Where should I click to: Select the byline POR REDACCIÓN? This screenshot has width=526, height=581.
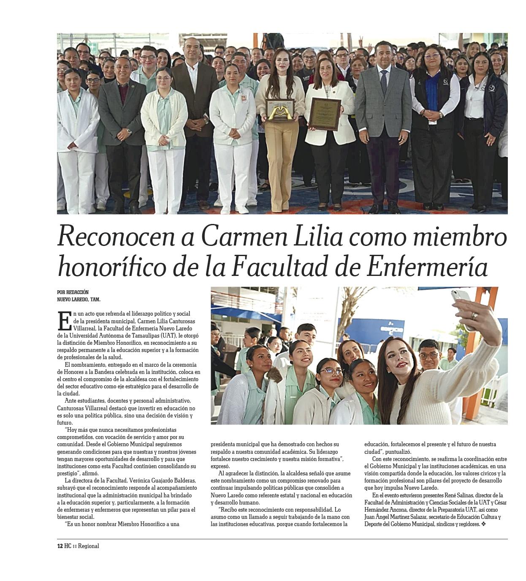pyautogui.click(x=73, y=292)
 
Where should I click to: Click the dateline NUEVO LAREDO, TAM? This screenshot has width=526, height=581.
pyautogui.click(x=79, y=300)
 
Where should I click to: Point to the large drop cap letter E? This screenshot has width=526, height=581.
pyautogui.click(x=64, y=321)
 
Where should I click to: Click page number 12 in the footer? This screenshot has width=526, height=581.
pyautogui.click(x=60, y=546)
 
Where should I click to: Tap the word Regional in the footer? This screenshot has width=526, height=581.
pyautogui.click(x=88, y=546)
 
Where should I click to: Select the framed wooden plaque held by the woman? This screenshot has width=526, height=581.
pyautogui.click(x=325, y=114)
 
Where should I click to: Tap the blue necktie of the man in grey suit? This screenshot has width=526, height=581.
pyautogui.click(x=384, y=83)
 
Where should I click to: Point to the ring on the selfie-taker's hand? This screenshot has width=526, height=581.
pyautogui.click(x=474, y=315)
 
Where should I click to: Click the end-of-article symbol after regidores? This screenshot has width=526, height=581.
pyautogui.click(x=483, y=524)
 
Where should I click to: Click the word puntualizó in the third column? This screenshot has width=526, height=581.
pyautogui.click(x=399, y=452)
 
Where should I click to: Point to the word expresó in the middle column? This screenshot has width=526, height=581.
pyautogui.click(x=220, y=466)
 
